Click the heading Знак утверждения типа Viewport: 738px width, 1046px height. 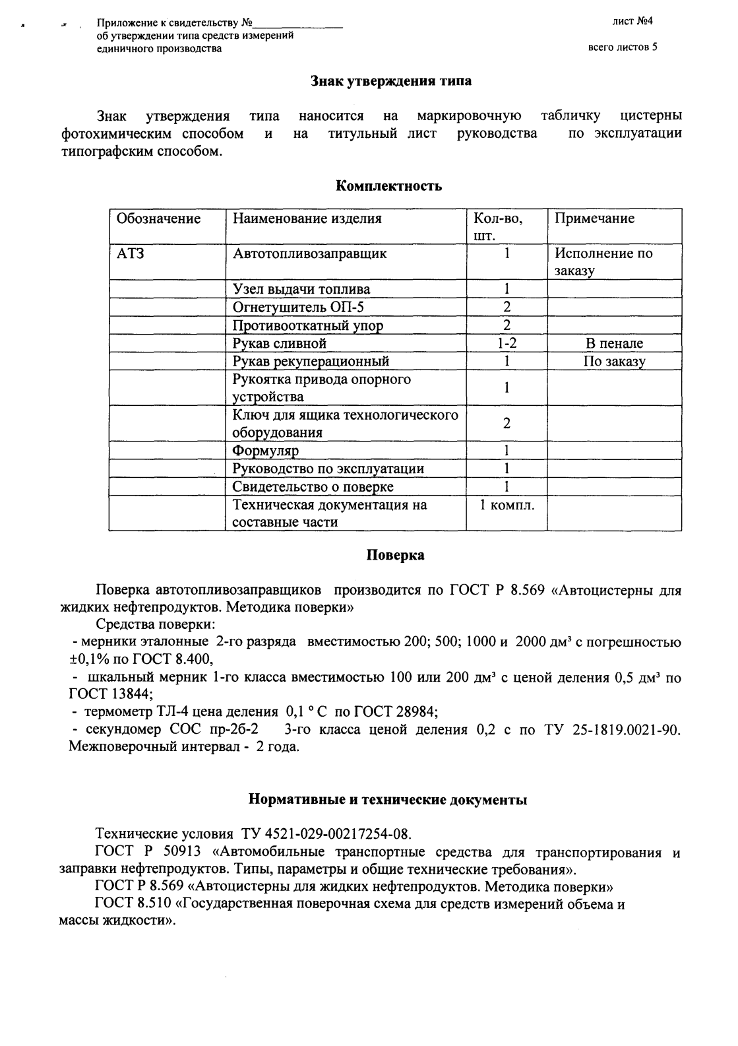point(390,81)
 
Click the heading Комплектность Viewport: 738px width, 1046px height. point(388,186)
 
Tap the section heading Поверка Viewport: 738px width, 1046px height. point(395,555)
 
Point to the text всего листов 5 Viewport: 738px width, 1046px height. point(622,48)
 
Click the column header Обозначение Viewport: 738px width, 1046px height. point(158,218)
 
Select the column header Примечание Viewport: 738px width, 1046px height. point(594,218)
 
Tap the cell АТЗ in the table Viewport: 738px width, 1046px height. point(130,253)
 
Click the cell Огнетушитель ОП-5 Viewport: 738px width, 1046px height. point(297,308)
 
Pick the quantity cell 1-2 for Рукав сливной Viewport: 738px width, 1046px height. point(506,343)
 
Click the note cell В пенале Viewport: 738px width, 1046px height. point(613,343)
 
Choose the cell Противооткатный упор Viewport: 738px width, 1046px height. point(308,325)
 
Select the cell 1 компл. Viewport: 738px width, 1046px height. point(507,505)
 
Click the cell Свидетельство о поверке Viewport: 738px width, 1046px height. point(313,487)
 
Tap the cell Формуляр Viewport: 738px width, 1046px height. point(265,451)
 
